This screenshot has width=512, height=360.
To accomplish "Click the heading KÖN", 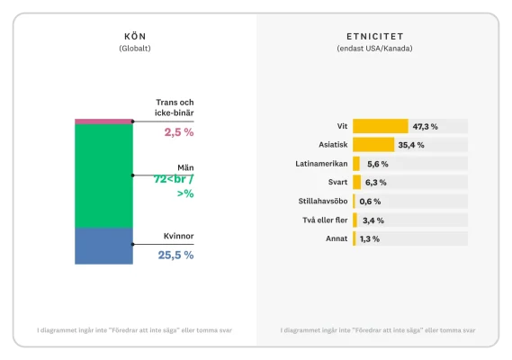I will click(x=134, y=36).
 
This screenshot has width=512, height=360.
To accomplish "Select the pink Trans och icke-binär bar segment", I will click(x=103, y=121).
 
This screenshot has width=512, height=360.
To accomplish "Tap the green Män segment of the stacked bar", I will click(x=103, y=175).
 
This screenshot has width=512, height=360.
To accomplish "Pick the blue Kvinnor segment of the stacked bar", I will click(x=103, y=246).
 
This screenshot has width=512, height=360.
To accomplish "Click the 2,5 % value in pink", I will click(x=178, y=132).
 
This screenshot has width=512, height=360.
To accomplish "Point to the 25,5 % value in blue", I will click(x=175, y=255).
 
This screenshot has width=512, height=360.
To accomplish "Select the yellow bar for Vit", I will click(x=380, y=126).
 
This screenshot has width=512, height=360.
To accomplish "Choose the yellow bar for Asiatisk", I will click(x=373, y=145).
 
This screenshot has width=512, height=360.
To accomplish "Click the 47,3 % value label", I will click(x=425, y=126).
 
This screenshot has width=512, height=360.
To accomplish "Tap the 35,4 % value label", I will click(x=411, y=145).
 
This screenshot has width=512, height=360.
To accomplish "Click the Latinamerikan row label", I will click(x=322, y=164).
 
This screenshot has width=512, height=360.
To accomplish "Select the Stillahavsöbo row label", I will click(x=322, y=202).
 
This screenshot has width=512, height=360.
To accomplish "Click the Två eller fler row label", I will click(x=324, y=220).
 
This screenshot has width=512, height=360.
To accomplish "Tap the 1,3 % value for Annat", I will click(x=369, y=239).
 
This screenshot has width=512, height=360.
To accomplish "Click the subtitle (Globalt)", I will click(x=134, y=49).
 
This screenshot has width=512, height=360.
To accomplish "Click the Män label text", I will click(x=184, y=167).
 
